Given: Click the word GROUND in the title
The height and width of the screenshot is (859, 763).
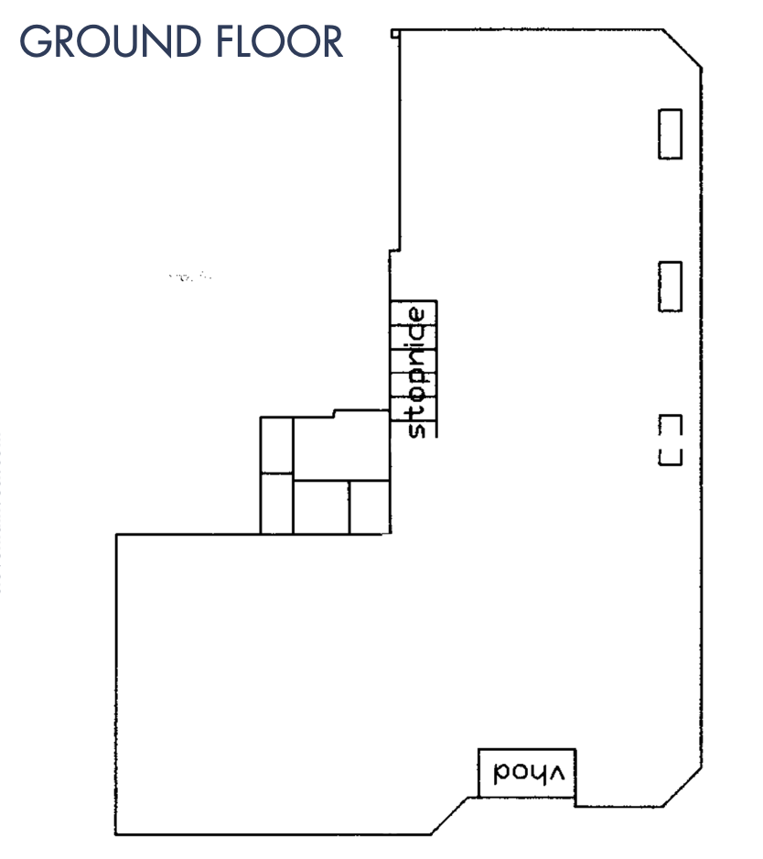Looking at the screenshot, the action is point(110,41).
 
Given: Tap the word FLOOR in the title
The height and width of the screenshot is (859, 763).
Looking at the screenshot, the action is point(279,41).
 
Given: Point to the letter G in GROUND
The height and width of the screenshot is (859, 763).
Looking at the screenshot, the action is point(34,41).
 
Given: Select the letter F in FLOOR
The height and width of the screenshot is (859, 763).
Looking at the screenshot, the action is point(225,41).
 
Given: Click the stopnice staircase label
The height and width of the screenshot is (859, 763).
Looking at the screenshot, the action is point(416,373).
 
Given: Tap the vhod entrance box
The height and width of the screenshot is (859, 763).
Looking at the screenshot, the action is point(527,773).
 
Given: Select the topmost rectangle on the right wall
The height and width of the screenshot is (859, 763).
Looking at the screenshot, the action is point(670,135).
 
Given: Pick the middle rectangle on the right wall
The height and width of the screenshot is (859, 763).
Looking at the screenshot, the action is point(670,287).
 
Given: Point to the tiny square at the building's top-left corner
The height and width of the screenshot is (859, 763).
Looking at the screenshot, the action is point(395,34).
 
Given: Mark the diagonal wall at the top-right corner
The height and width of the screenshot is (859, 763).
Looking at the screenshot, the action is point(682,49).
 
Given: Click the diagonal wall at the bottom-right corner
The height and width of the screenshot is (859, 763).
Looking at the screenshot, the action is point(682,787).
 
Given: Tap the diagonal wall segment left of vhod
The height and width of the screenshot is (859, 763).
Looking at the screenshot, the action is point(449,816).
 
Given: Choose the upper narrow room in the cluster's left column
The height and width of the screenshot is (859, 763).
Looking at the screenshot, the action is point(276,445).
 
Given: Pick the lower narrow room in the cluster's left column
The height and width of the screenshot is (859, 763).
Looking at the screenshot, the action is point(276,504).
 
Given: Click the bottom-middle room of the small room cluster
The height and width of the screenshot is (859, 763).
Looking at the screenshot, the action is point(321,507).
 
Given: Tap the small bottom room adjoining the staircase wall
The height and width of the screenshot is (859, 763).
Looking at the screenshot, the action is point(370,507).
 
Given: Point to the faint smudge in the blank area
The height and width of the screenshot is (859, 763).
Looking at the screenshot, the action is point(190,277).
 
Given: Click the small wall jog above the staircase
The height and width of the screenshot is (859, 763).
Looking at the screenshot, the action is point(394,251).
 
